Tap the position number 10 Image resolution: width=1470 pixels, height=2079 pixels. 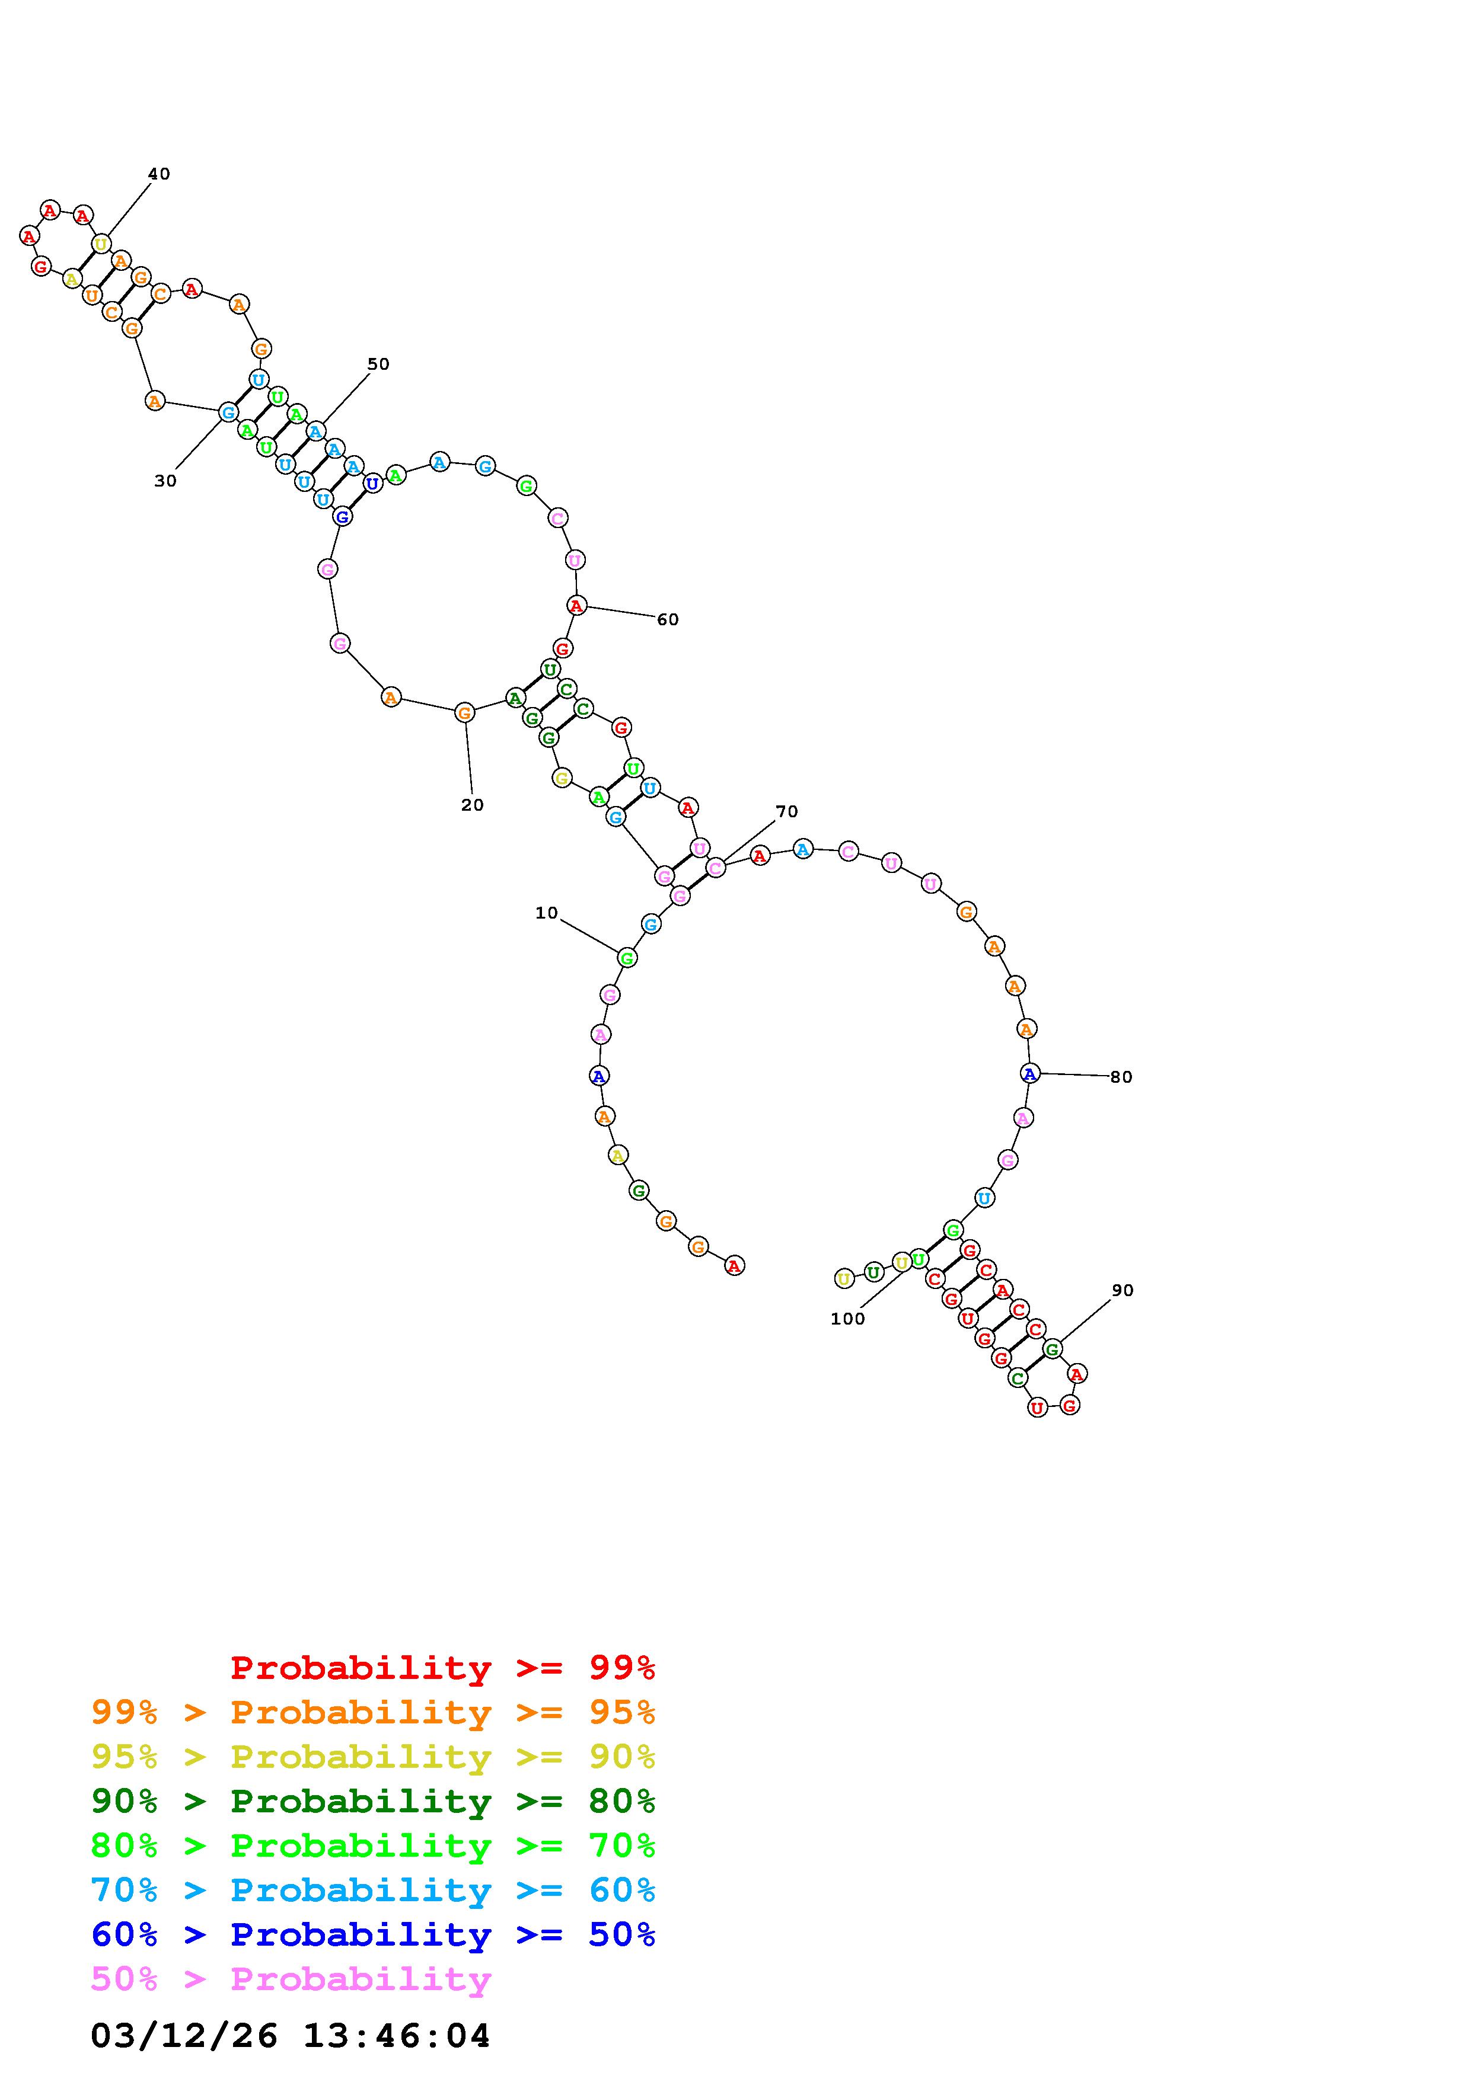click(546, 913)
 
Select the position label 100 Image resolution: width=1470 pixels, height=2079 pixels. click(848, 1319)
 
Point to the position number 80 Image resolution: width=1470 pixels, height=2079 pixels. click(1121, 1077)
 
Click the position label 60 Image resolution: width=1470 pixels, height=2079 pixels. click(668, 619)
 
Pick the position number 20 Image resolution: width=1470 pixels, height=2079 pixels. click(472, 805)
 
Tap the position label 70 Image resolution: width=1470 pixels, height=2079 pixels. click(787, 811)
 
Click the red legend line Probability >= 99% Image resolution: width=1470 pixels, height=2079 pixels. click(443, 1668)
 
